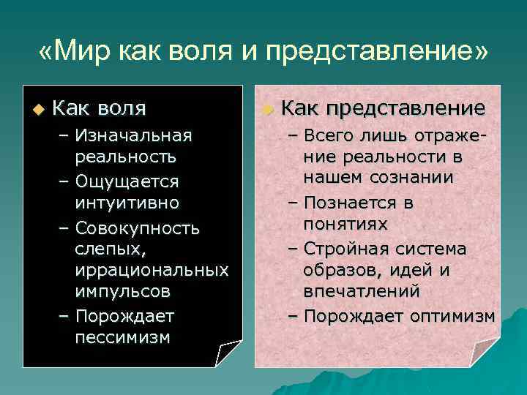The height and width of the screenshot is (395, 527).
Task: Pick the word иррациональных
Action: pyautogui.click(x=152, y=270)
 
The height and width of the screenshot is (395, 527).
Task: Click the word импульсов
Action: pyautogui.click(x=122, y=291)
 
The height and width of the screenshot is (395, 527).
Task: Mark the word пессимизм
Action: pyautogui.click(x=122, y=337)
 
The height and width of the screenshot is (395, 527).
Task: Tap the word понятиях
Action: pyautogui.click(x=345, y=223)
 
